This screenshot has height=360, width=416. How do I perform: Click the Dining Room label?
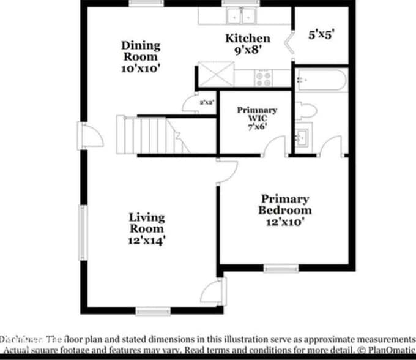coord(141,56)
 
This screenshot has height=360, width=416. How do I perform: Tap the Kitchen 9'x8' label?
coord(247,44)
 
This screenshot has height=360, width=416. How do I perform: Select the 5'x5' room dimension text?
coord(321,35)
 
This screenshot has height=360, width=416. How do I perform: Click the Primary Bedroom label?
coord(284,210)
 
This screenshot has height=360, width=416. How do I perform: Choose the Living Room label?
coord(146,228)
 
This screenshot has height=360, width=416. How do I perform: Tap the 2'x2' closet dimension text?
coord(206,103)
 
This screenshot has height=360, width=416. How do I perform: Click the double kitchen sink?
coord(242,15)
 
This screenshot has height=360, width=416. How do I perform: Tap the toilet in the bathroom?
coord(306,110)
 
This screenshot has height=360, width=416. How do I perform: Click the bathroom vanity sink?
coord(302,135)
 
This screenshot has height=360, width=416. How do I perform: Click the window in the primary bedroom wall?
coord(281,268)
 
